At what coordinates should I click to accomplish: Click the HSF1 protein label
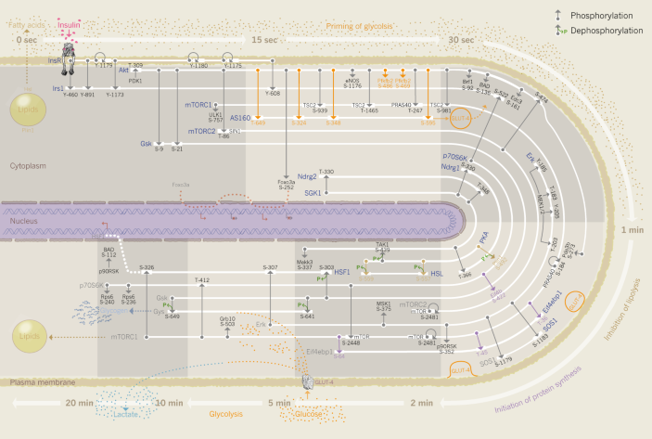pos(342,273)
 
